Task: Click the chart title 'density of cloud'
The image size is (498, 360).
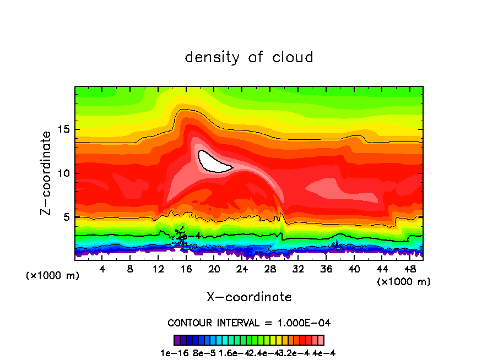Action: [249, 57]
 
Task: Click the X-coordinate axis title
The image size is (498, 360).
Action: [249, 297]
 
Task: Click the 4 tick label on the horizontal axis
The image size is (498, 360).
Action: [102, 269]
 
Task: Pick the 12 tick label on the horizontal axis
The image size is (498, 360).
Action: [158, 269]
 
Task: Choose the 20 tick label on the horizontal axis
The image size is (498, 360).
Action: [214, 269]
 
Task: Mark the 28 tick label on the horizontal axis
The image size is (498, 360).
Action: [270, 269]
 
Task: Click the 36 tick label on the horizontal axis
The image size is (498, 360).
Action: [326, 269]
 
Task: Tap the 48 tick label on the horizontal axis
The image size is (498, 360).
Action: [409, 269]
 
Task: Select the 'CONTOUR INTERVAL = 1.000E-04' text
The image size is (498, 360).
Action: [249, 323]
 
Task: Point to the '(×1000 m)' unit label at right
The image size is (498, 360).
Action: [403, 282]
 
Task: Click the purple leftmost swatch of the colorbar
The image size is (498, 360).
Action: [177, 340]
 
